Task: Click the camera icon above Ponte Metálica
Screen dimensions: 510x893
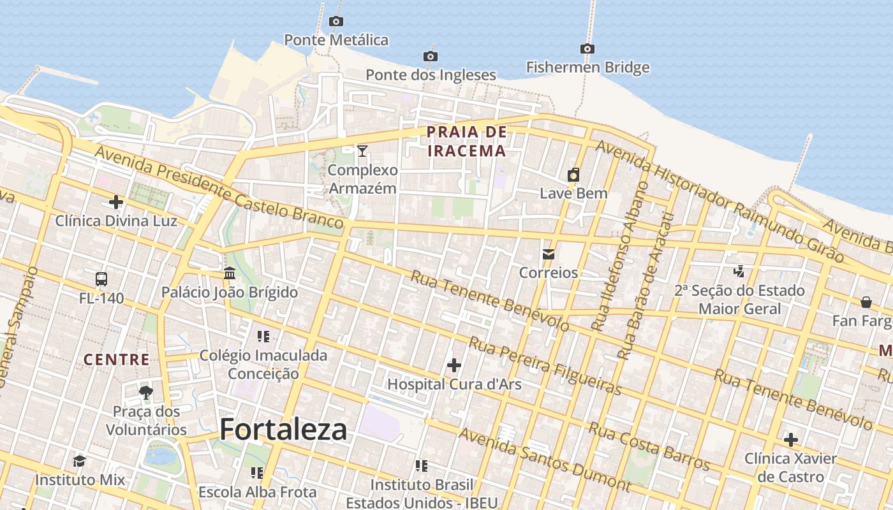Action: click(x=336, y=22)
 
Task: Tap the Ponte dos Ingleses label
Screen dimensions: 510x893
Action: click(x=431, y=75)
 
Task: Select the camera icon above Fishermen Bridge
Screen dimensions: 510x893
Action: click(x=587, y=48)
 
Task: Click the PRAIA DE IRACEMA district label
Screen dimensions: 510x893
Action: click(x=466, y=142)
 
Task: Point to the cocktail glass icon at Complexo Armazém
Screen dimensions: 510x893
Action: click(x=362, y=150)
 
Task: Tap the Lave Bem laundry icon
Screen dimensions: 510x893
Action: click(x=573, y=175)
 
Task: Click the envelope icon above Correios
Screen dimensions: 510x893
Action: click(x=548, y=254)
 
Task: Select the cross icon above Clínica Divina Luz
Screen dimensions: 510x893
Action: click(x=116, y=203)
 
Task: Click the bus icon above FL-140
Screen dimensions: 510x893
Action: click(x=101, y=279)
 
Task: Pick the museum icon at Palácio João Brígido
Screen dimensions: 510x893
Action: click(x=230, y=273)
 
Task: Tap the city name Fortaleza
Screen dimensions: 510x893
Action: click(x=283, y=430)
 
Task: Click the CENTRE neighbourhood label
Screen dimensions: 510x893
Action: click(x=117, y=360)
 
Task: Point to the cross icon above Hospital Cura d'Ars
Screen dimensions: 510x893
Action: click(x=454, y=365)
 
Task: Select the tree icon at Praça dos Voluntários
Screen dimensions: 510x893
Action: click(x=147, y=392)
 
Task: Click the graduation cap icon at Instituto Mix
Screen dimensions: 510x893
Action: click(x=80, y=461)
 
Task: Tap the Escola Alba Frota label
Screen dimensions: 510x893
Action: click(x=257, y=492)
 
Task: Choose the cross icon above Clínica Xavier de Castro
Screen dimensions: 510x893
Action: click(x=791, y=440)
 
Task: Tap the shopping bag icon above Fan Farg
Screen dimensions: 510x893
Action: click(x=866, y=302)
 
